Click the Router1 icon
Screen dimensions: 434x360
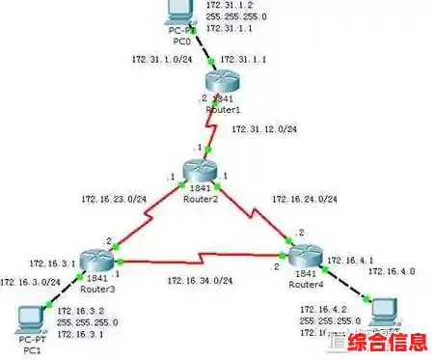point(225,85)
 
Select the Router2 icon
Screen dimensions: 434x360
point(200,172)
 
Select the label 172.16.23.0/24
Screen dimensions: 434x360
point(114,200)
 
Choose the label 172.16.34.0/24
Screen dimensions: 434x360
point(200,280)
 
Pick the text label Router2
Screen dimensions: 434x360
point(202,198)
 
